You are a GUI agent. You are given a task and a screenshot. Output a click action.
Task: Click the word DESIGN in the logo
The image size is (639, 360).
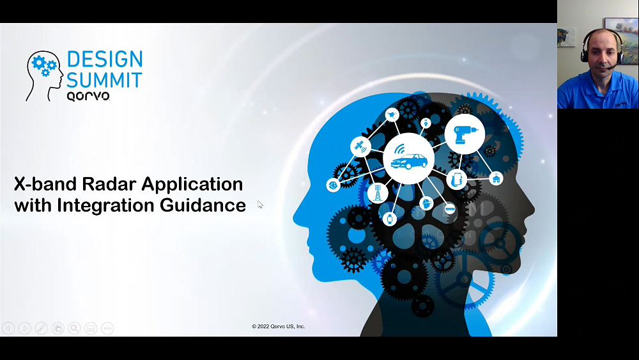pyautogui.click(x=105, y=59)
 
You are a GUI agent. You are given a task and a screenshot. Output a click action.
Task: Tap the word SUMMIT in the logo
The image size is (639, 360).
pyautogui.click(x=104, y=80)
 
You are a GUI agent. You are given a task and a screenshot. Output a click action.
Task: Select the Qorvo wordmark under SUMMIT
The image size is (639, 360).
pyautogui.click(x=88, y=96)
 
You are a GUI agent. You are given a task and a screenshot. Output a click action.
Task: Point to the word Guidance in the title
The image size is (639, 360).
pyautogui.click(x=203, y=205)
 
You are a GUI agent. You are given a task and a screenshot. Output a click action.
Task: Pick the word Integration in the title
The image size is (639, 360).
pyautogui.click(x=106, y=205)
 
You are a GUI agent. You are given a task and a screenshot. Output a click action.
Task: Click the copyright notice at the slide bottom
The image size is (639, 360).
pyautogui.click(x=279, y=326)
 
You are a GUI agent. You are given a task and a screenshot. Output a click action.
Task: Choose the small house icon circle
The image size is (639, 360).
pyautogui.click(x=496, y=178)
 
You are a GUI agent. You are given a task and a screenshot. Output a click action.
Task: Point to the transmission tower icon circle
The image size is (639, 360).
pyautogui.click(x=378, y=193)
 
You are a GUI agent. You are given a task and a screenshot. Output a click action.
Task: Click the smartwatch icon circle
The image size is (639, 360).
pyautogui.click(x=390, y=219)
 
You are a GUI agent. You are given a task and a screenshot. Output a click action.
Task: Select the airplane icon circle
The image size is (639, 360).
pyautogui.click(x=392, y=115)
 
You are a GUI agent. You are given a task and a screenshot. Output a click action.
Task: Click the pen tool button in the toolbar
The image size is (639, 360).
pyautogui.click(x=41, y=328)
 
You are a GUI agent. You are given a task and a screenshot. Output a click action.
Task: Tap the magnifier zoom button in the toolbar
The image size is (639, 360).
pyautogui.click(x=74, y=328)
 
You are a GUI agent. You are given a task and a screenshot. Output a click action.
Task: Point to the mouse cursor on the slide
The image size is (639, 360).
pyautogui.click(x=260, y=204)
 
